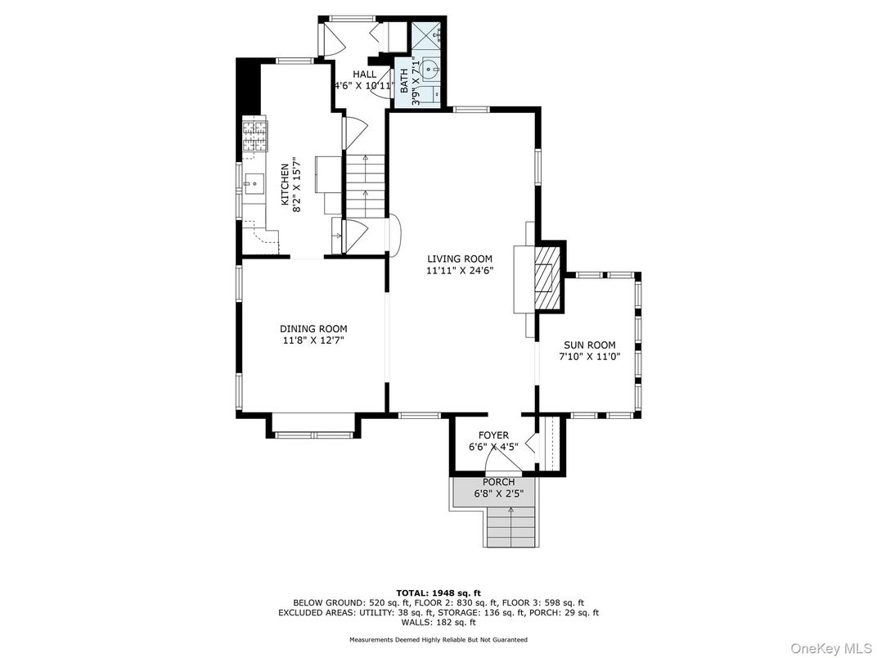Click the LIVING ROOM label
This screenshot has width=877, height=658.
(x=460, y=259)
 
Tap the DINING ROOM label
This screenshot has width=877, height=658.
(x=313, y=329)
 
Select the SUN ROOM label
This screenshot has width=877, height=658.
(x=590, y=345)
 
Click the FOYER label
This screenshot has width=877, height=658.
(x=493, y=435)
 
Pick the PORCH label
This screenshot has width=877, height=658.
(x=498, y=482)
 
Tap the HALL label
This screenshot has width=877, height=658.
(x=365, y=74)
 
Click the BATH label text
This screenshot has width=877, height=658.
(x=404, y=80)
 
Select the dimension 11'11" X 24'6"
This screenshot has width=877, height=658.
(x=460, y=271)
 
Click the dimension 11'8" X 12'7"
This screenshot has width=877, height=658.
(x=313, y=340)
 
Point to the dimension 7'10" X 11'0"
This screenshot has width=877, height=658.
(x=590, y=357)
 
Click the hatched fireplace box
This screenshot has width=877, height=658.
(x=546, y=276)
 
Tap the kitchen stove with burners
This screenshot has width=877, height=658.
(x=254, y=136)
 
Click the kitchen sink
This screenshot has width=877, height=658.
(x=254, y=183)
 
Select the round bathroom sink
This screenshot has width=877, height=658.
(x=430, y=70)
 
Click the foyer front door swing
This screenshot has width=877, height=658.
(x=503, y=459)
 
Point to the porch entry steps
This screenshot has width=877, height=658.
(x=510, y=526)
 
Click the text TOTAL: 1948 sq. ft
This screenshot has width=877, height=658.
(x=438, y=593)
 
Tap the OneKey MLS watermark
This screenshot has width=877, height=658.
(x=831, y=648)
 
